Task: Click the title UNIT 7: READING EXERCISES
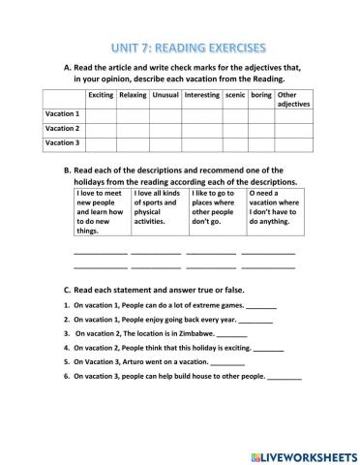point(181,46)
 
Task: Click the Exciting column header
point(101,95)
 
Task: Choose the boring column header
point(261,95)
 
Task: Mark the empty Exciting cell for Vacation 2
point(101,128)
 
